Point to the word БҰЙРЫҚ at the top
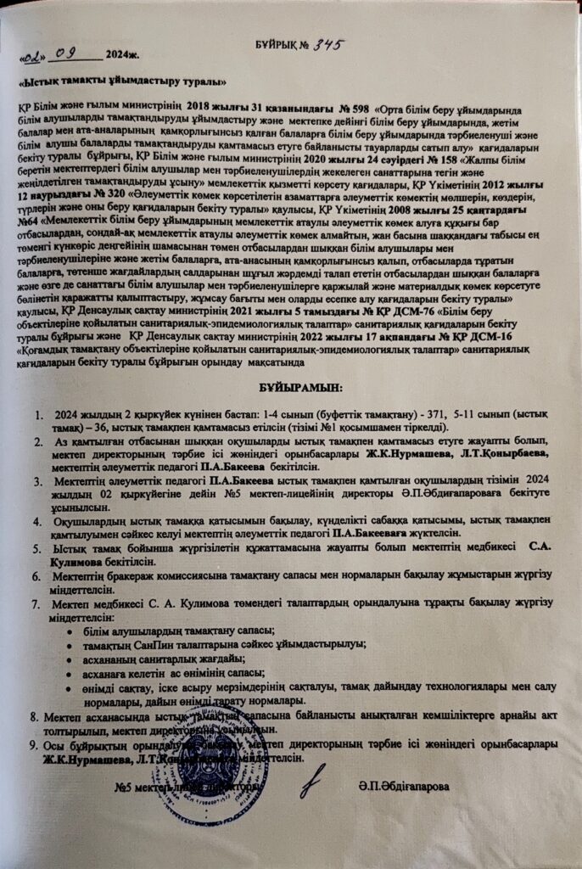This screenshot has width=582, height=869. [272, 44]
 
